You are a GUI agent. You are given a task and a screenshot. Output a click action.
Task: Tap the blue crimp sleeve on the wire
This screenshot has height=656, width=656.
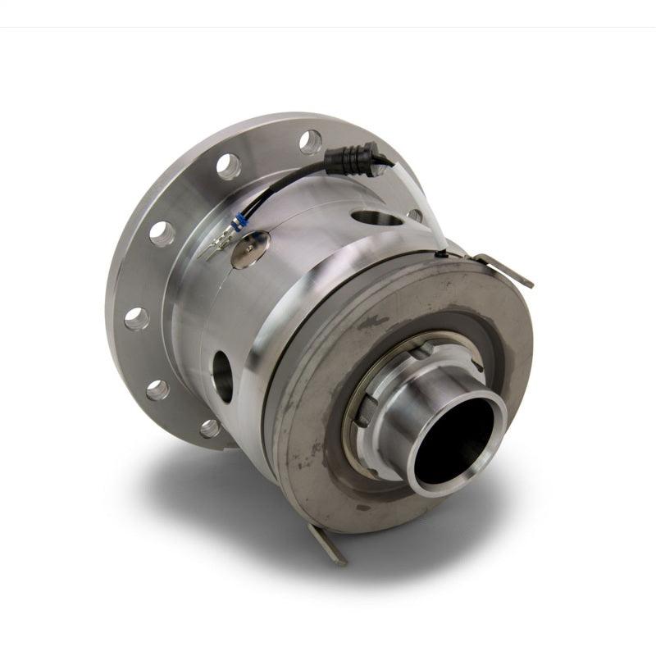tap(240, 222)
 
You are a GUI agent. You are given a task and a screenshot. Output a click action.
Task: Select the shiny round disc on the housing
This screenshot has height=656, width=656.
tap(250, 248)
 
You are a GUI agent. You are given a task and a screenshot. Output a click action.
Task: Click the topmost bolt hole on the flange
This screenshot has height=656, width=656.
tap(311, 142)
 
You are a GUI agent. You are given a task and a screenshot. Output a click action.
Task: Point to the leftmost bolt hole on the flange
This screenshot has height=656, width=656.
tap(136, 318)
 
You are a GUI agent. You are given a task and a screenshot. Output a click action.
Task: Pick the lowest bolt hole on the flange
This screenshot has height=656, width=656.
tap(211, 428)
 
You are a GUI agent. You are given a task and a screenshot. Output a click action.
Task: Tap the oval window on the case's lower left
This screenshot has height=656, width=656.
tap(221, 375)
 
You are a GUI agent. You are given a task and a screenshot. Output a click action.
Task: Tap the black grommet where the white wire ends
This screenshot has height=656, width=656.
tap(443, 255)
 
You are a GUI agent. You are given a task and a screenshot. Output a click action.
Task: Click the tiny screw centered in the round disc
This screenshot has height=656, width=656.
tap(250, 248)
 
